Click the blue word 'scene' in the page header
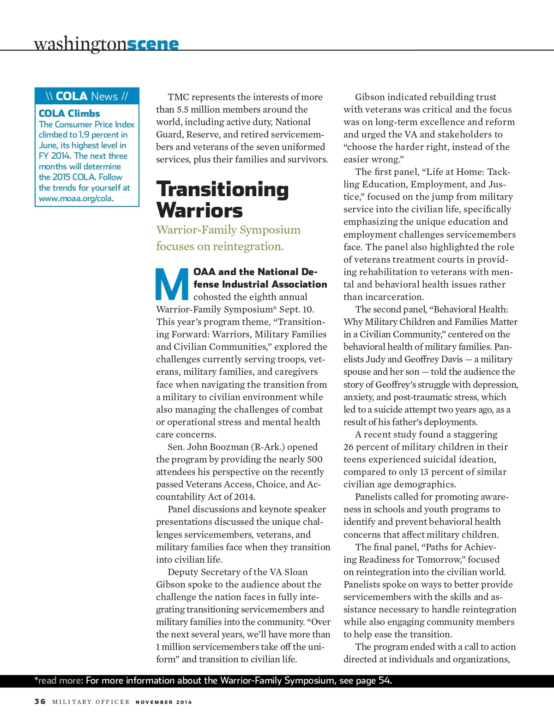152,43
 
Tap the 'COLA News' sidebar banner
87,96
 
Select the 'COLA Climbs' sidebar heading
69,113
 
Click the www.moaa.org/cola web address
76,198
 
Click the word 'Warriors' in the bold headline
199,210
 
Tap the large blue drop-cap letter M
172,283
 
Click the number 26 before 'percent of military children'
349,447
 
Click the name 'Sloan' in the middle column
296,572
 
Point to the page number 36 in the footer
40,701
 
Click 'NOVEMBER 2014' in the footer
163,702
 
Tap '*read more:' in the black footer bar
59,680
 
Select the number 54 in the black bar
384,680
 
